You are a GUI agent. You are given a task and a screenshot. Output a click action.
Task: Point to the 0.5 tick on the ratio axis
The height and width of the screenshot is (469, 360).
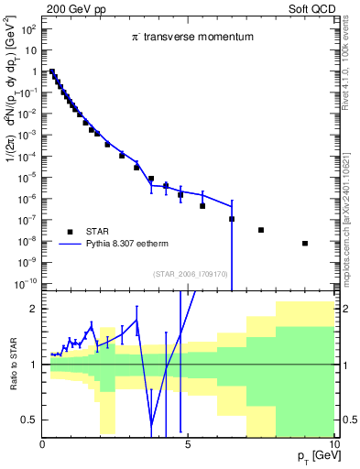pos(28,420)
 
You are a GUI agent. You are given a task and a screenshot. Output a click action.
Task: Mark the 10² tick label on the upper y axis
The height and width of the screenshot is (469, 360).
pos(28,29)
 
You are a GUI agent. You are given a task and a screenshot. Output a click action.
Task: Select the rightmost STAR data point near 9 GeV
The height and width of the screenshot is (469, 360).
pos(304,243)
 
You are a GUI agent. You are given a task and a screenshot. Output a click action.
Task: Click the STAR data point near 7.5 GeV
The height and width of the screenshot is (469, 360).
pos(261,230)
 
